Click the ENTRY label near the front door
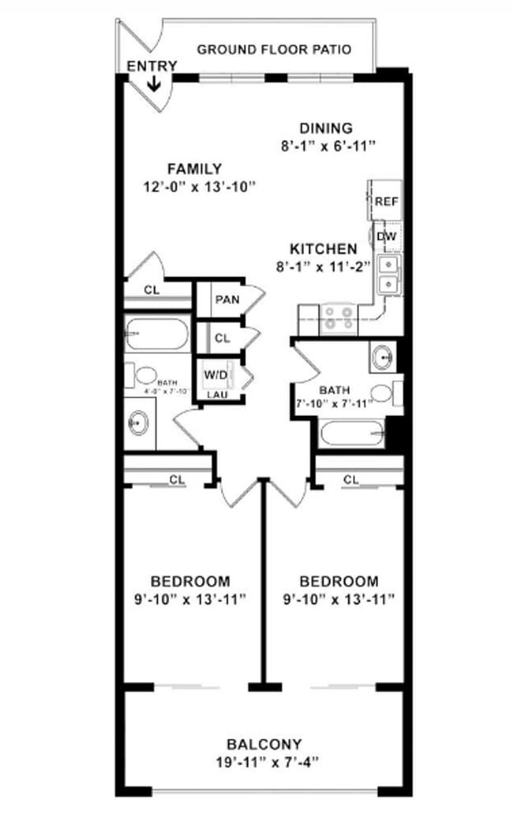[152, 66]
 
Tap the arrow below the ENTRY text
[155, 83]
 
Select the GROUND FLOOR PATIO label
[274, 49]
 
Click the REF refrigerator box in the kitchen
[386, 201]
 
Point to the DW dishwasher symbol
[386, 236]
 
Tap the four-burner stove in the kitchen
[339, 317]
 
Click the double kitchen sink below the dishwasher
[389, 274]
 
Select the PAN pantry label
[227, 300]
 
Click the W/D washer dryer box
[216, 374]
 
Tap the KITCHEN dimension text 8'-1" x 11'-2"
[323, 266]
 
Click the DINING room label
[325, 129]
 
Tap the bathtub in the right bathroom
[352, 433]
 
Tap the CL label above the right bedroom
[351, 479]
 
